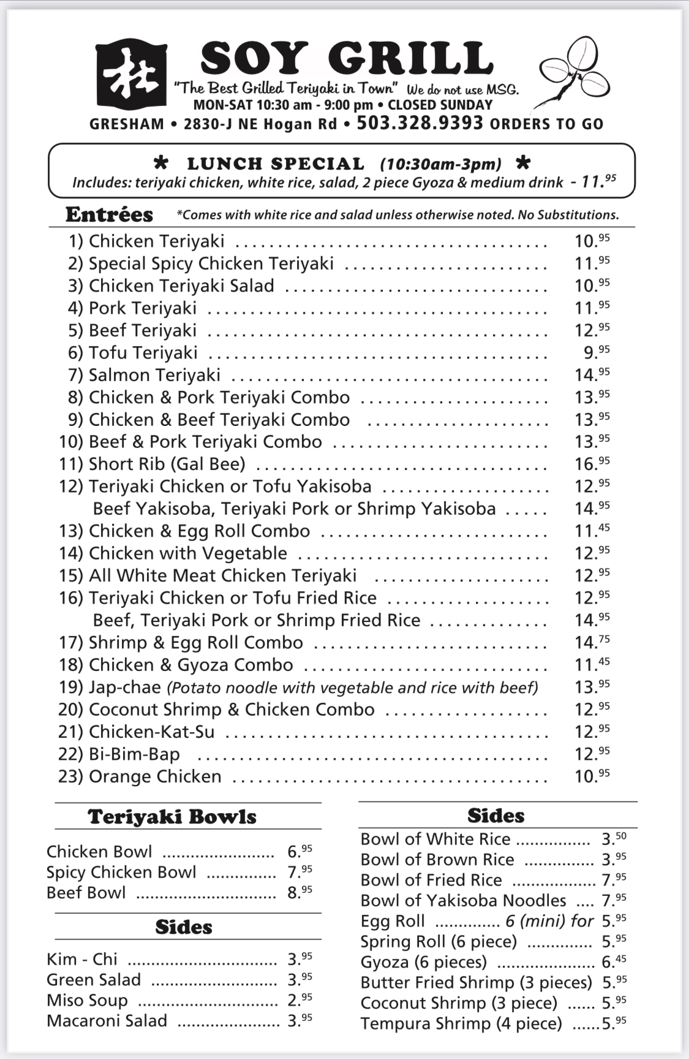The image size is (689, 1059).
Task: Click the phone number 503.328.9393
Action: click(420, 123)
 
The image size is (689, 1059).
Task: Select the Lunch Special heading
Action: click(276, 164)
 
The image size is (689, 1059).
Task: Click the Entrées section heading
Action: click(109, 214)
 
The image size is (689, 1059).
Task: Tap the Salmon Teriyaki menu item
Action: click(154, 375)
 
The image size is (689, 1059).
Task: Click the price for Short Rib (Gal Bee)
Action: click(592, 463)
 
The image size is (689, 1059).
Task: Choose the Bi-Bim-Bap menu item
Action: click(134, 754)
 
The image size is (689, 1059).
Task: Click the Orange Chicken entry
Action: click(154, 776)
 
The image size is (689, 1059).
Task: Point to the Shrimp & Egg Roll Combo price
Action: click(592, 642)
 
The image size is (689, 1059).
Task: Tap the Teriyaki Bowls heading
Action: click(172, 817)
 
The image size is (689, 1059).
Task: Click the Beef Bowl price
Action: click(299, 892)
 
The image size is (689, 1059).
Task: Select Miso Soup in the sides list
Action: click(88, 1000)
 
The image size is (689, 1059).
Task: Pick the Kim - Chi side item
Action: click(82, 959)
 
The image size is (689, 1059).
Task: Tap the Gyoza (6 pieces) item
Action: click(423, 962)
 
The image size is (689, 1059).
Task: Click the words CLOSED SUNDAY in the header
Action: click(440, 105)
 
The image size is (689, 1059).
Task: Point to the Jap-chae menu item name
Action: click(124, 687)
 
